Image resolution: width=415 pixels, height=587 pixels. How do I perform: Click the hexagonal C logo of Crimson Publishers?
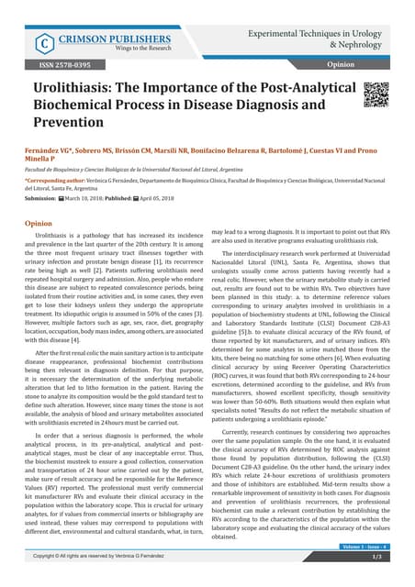click(41, 43)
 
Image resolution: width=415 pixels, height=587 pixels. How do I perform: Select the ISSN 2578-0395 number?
click(58, 66)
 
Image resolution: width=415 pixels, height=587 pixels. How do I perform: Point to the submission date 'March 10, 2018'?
click(93, 202)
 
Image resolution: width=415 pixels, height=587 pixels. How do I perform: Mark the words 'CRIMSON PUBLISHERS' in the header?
click(108, 37)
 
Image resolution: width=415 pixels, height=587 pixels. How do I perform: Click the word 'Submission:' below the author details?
click(39, 202)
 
